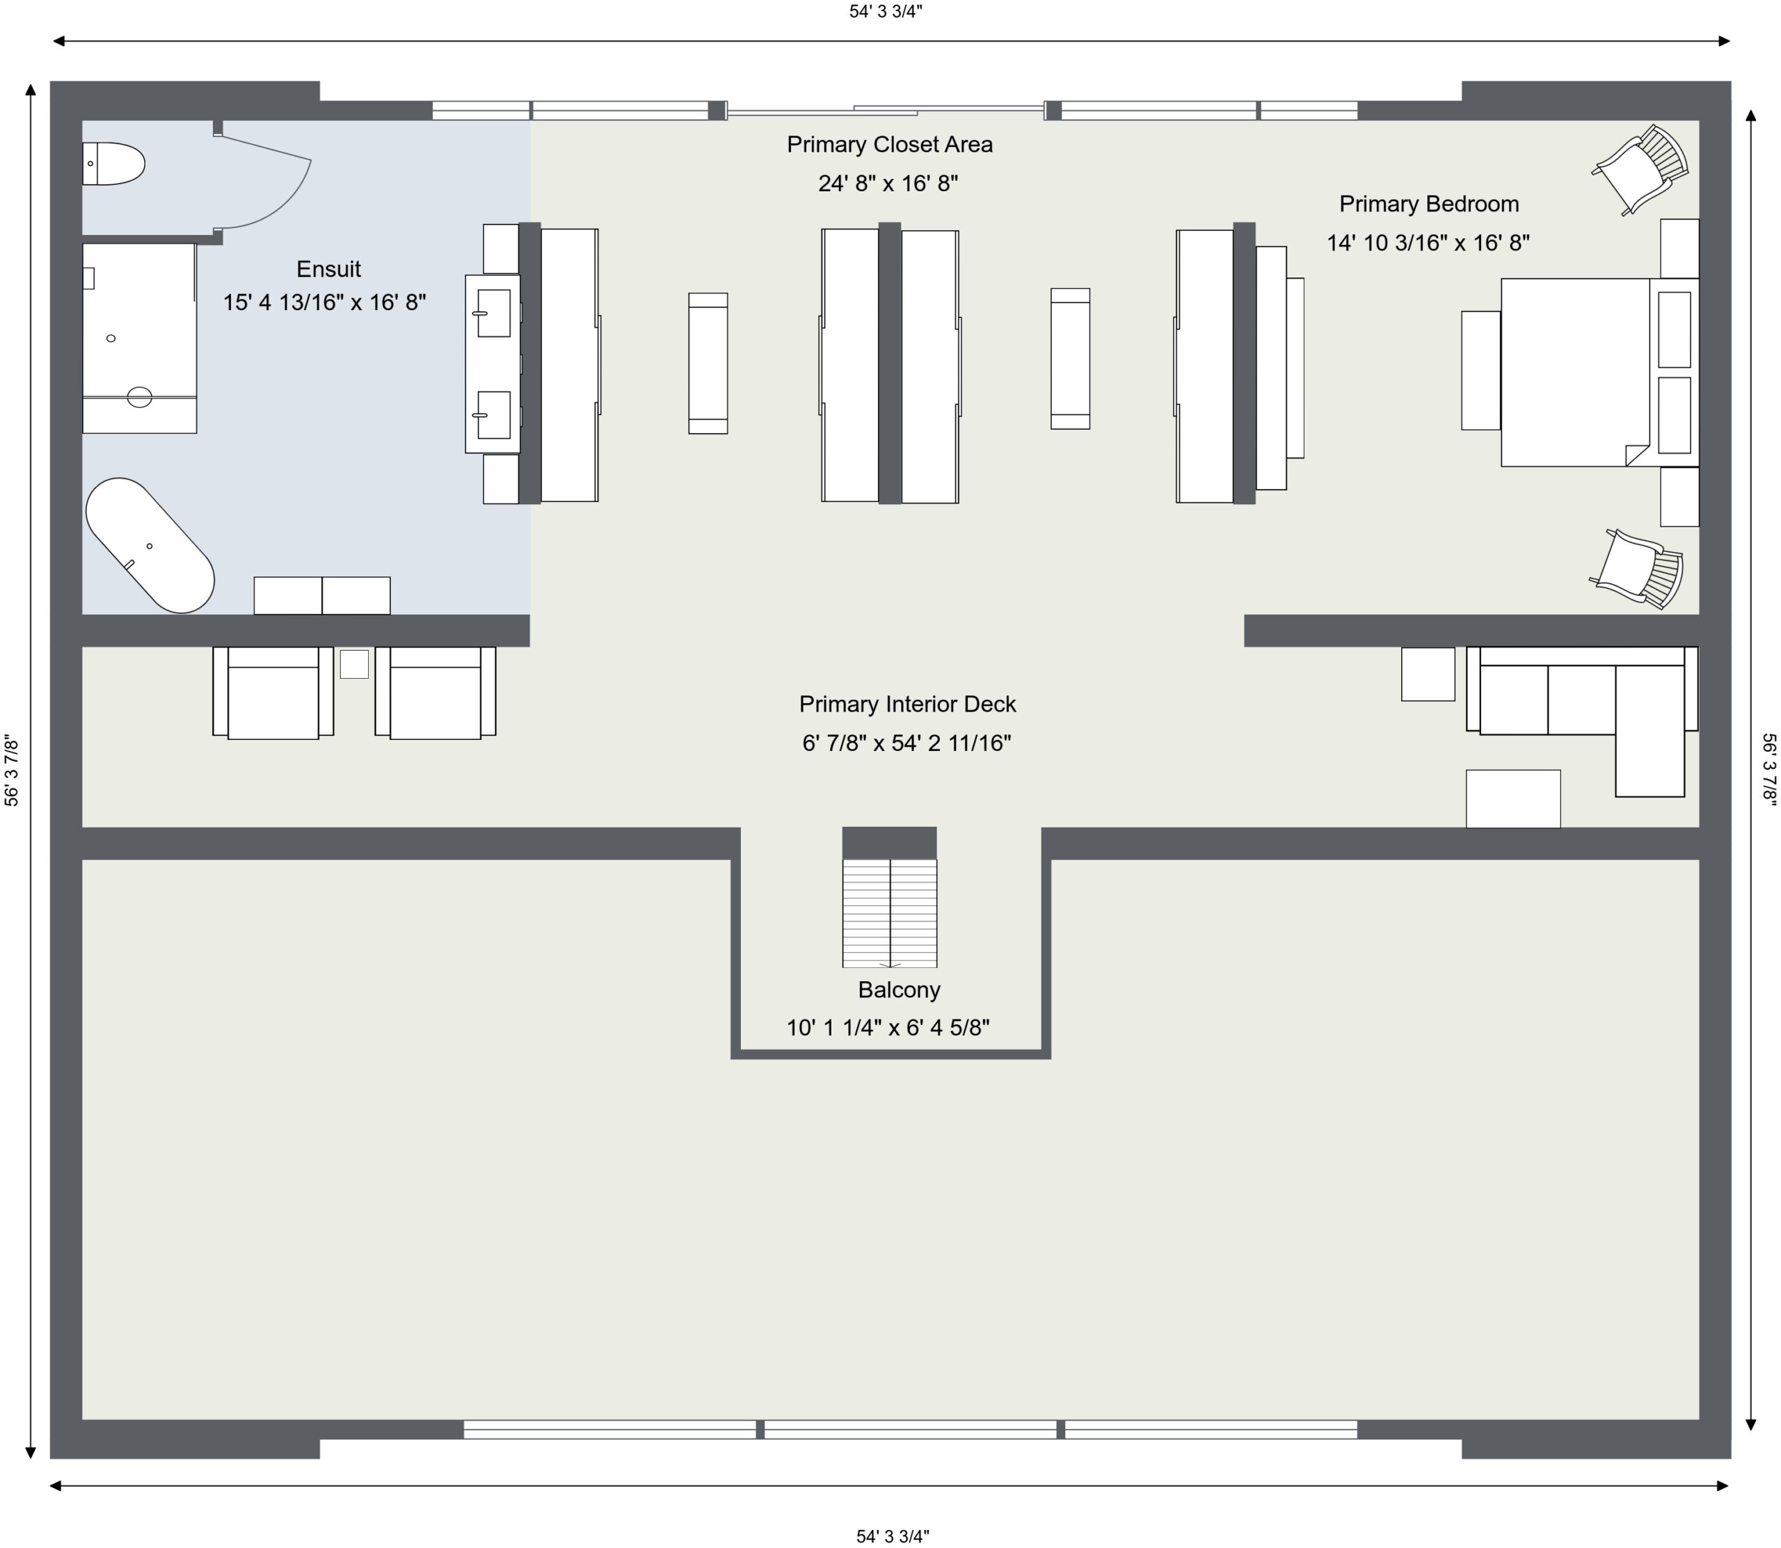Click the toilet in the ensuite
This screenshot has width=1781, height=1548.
[113, 163]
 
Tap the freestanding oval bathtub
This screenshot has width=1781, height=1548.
[150, 545]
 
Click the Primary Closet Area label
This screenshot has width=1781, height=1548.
[889, 144]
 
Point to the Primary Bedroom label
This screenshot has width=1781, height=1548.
[1428, 204]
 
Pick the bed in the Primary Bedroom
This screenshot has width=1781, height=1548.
[1599, 372]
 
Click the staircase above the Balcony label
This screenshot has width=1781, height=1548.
[889, 912]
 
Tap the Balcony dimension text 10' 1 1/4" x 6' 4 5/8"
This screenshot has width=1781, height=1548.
[888, 1028]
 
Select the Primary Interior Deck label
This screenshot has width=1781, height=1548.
[907, 704]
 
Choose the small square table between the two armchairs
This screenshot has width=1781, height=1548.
[354, 664]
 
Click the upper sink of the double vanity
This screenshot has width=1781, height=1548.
[493, 313]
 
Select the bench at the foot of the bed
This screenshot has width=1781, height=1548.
[1480, 371]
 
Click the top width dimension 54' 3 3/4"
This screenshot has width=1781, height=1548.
[886, 11]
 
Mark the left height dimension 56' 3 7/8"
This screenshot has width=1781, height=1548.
[11, 771]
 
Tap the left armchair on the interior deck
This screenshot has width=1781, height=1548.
[273, 693]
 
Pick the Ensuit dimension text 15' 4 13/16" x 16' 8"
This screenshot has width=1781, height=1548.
[325, 303]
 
